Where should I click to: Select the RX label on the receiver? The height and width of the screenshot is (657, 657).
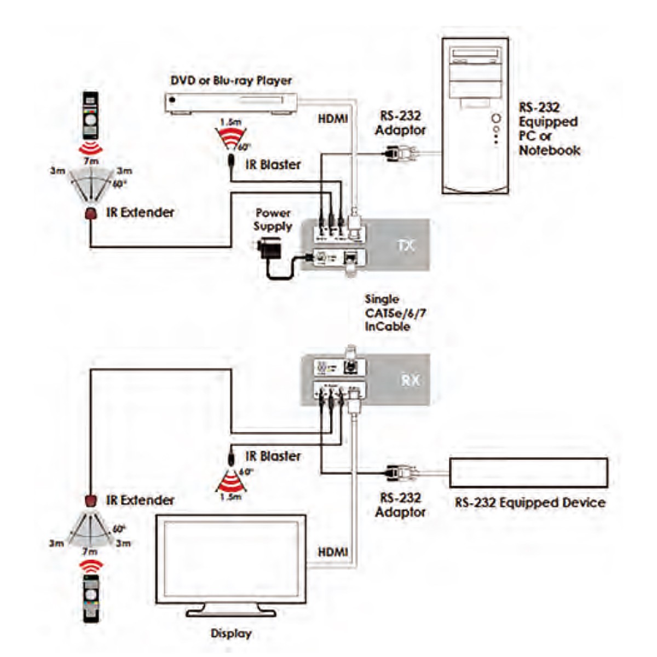(410, 379)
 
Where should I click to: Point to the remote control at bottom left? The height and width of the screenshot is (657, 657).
(91, 598)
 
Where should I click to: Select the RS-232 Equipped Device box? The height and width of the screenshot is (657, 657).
(528, 472)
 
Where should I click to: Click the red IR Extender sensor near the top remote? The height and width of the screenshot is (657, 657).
(91, 214)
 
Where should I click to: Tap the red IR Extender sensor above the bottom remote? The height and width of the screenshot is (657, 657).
(91, 500)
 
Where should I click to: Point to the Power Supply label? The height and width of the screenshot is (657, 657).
(273, 220)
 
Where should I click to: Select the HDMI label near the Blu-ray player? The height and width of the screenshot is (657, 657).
(332, 118)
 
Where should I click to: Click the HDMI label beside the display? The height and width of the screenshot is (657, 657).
(332, 552)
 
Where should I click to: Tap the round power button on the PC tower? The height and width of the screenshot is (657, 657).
(496, 118)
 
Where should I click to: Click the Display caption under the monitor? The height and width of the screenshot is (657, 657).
(231, 633)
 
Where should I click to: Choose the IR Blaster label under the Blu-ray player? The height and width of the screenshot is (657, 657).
(273, 164)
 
